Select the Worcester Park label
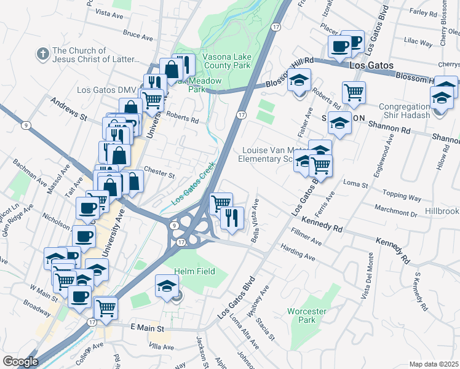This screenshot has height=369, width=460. coord(302,315)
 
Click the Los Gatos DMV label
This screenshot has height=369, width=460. coord(106,90)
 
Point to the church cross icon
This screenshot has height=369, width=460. coord(43,54)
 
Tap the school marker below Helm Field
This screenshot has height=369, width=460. coord(167,286)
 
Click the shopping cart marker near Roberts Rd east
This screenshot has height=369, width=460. coord(354,92)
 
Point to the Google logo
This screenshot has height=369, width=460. coord(20,362)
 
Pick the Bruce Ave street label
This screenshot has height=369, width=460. coord(137,37)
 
